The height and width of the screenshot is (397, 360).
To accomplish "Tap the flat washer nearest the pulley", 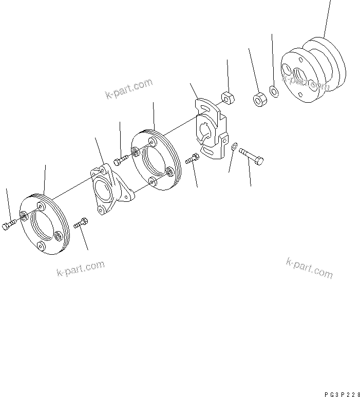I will pos(274,92).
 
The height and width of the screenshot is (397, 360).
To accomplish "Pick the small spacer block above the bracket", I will pos(228,97).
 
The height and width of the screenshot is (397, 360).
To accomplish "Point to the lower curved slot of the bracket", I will pos(210,150).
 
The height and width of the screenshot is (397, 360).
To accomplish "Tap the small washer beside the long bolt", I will pos(234,146).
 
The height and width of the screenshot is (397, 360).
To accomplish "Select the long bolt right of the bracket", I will pos(252,156).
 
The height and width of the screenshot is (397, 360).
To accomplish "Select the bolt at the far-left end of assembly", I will pos(9,225).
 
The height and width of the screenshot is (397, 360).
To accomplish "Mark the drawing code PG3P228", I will pos(339,393).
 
